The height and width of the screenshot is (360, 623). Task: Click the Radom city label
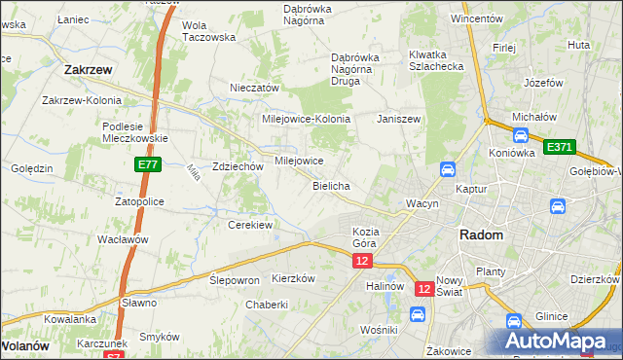(x=482, y=235)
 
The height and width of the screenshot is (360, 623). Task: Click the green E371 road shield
(x=560, y=147)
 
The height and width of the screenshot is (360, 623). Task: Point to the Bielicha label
(x=331, y=185)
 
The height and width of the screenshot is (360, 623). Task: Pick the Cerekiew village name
(x=249, y=224)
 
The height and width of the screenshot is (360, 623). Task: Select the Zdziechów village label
(x=238, y=166)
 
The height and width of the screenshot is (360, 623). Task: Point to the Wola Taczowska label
(x=209, y=31)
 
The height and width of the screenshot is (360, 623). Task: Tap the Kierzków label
(x=294, y=277)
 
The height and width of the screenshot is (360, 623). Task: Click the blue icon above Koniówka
(x=521, y=136)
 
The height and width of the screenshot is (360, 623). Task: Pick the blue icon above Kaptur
(x=448, y=168)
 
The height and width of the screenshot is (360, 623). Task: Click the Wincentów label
(x=476, y=18)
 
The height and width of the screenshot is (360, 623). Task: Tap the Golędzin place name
(x=32, y=168)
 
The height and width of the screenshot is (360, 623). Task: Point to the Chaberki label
(x=267, y=305)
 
